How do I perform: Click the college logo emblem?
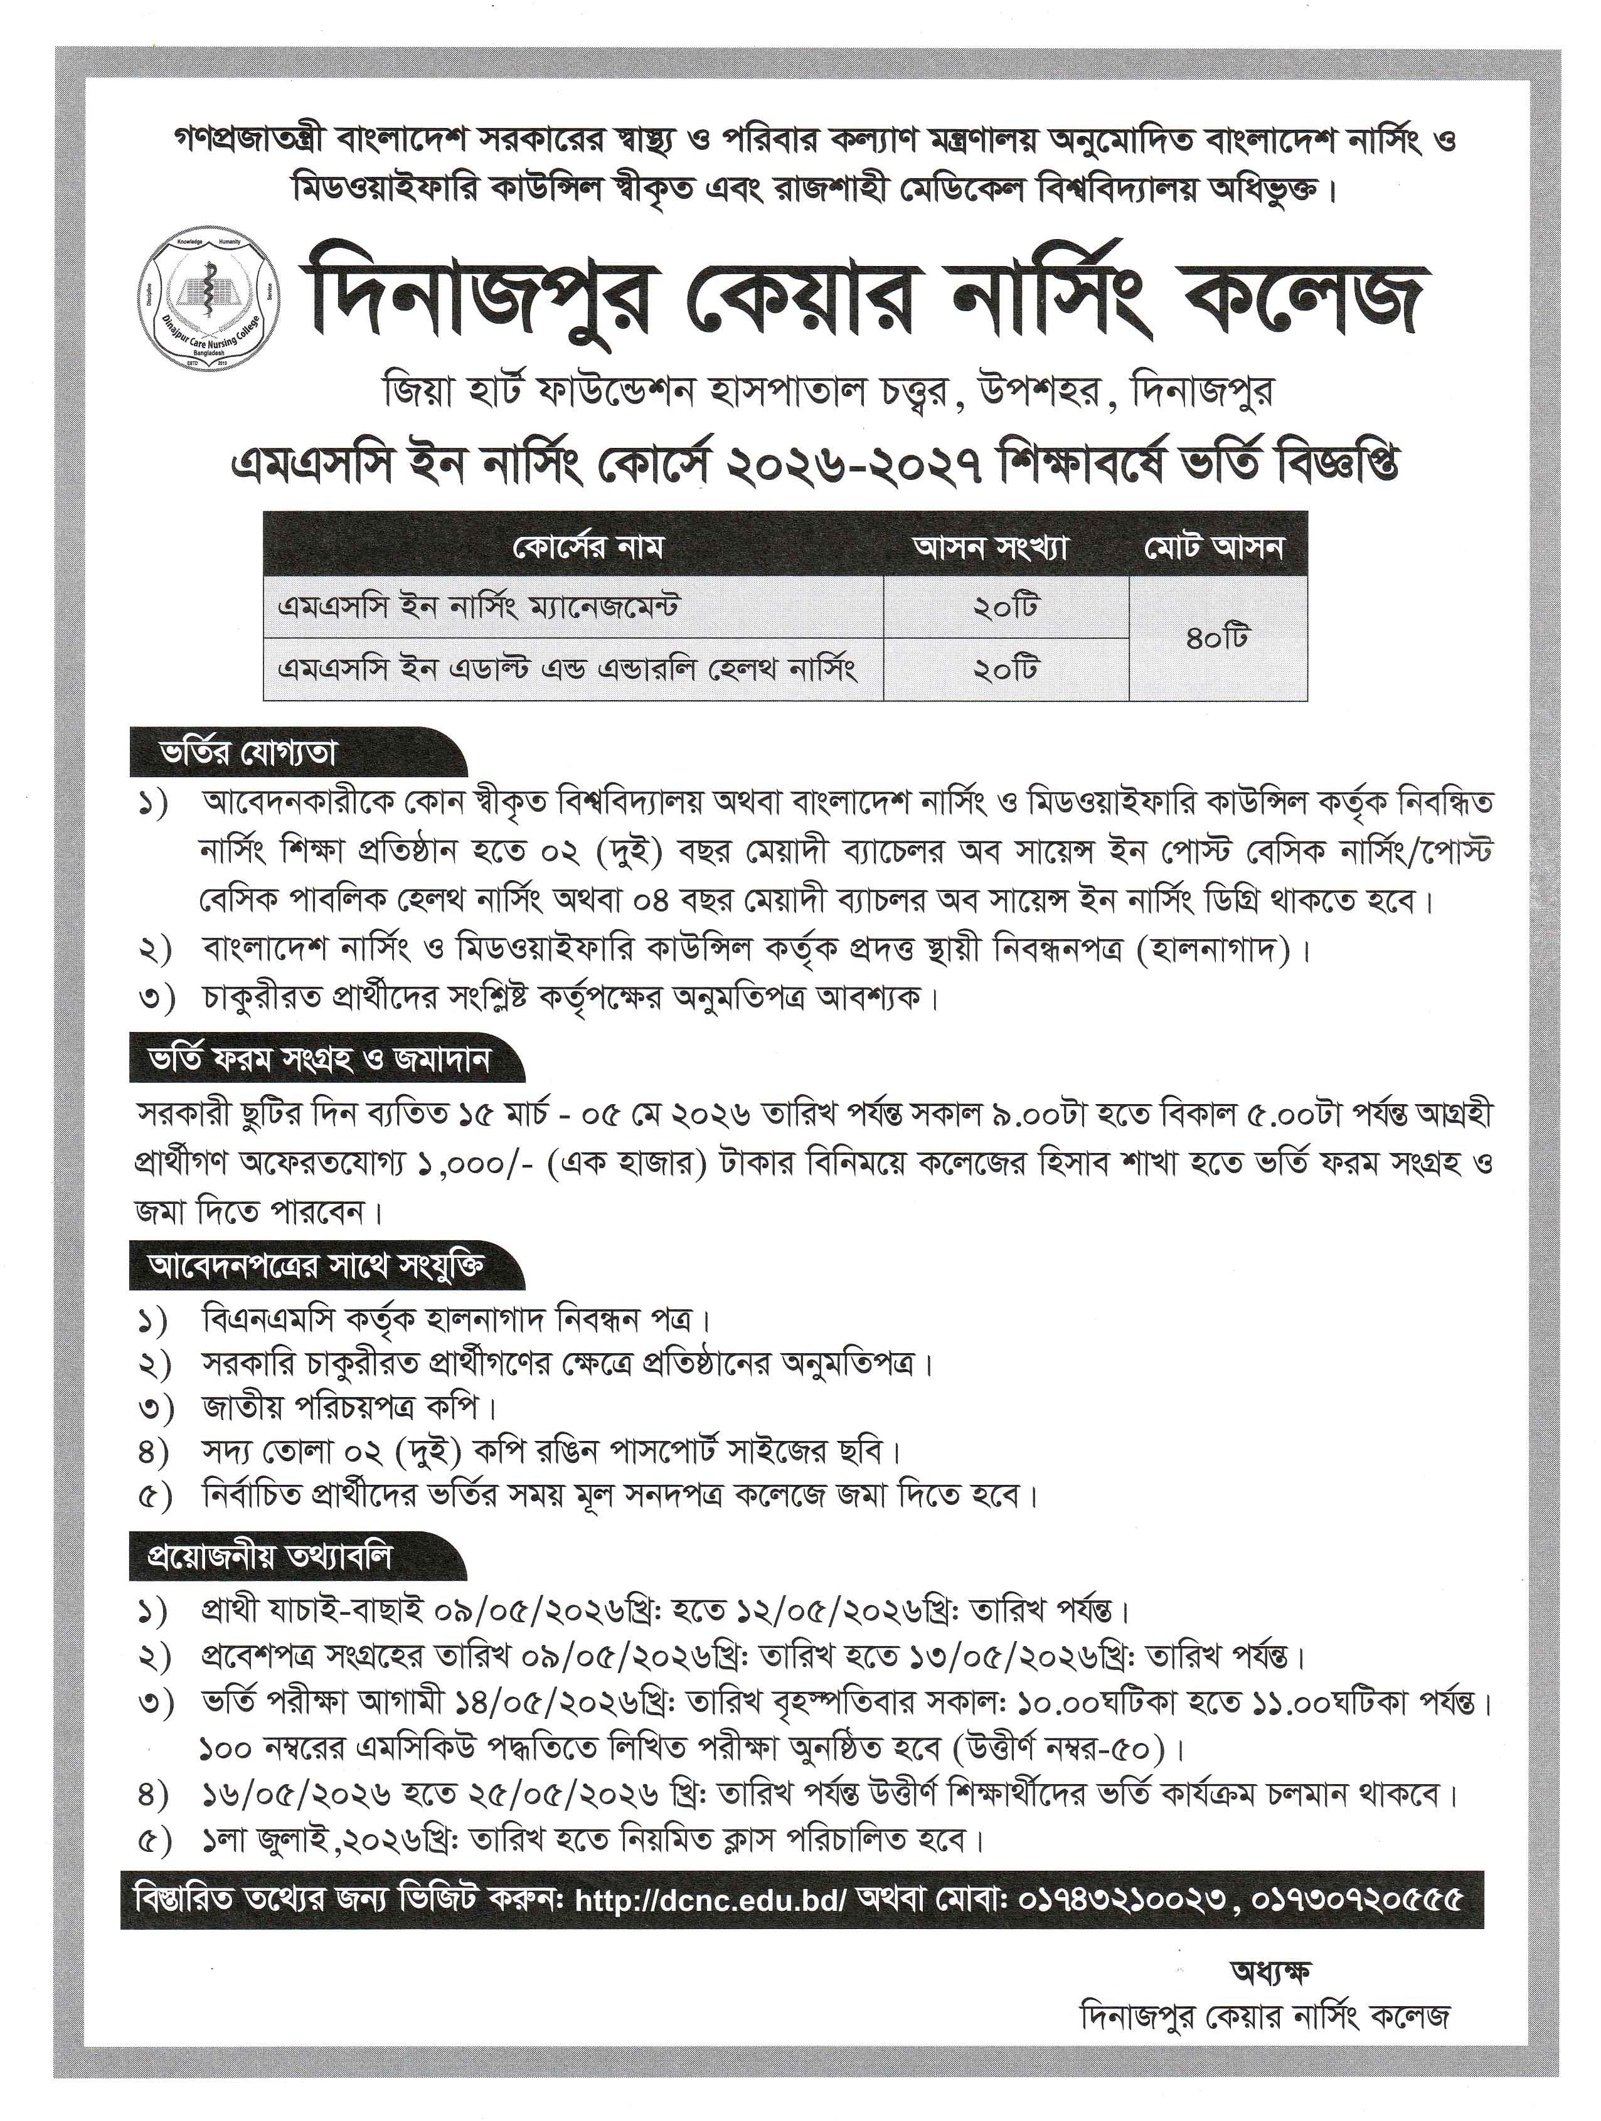coord(209,299)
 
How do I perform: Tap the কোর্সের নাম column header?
coord(574,548)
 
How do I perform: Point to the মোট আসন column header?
coord(1218,548)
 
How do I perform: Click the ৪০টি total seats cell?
coord(1218,637)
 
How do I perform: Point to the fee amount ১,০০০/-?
coord(479,1163)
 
